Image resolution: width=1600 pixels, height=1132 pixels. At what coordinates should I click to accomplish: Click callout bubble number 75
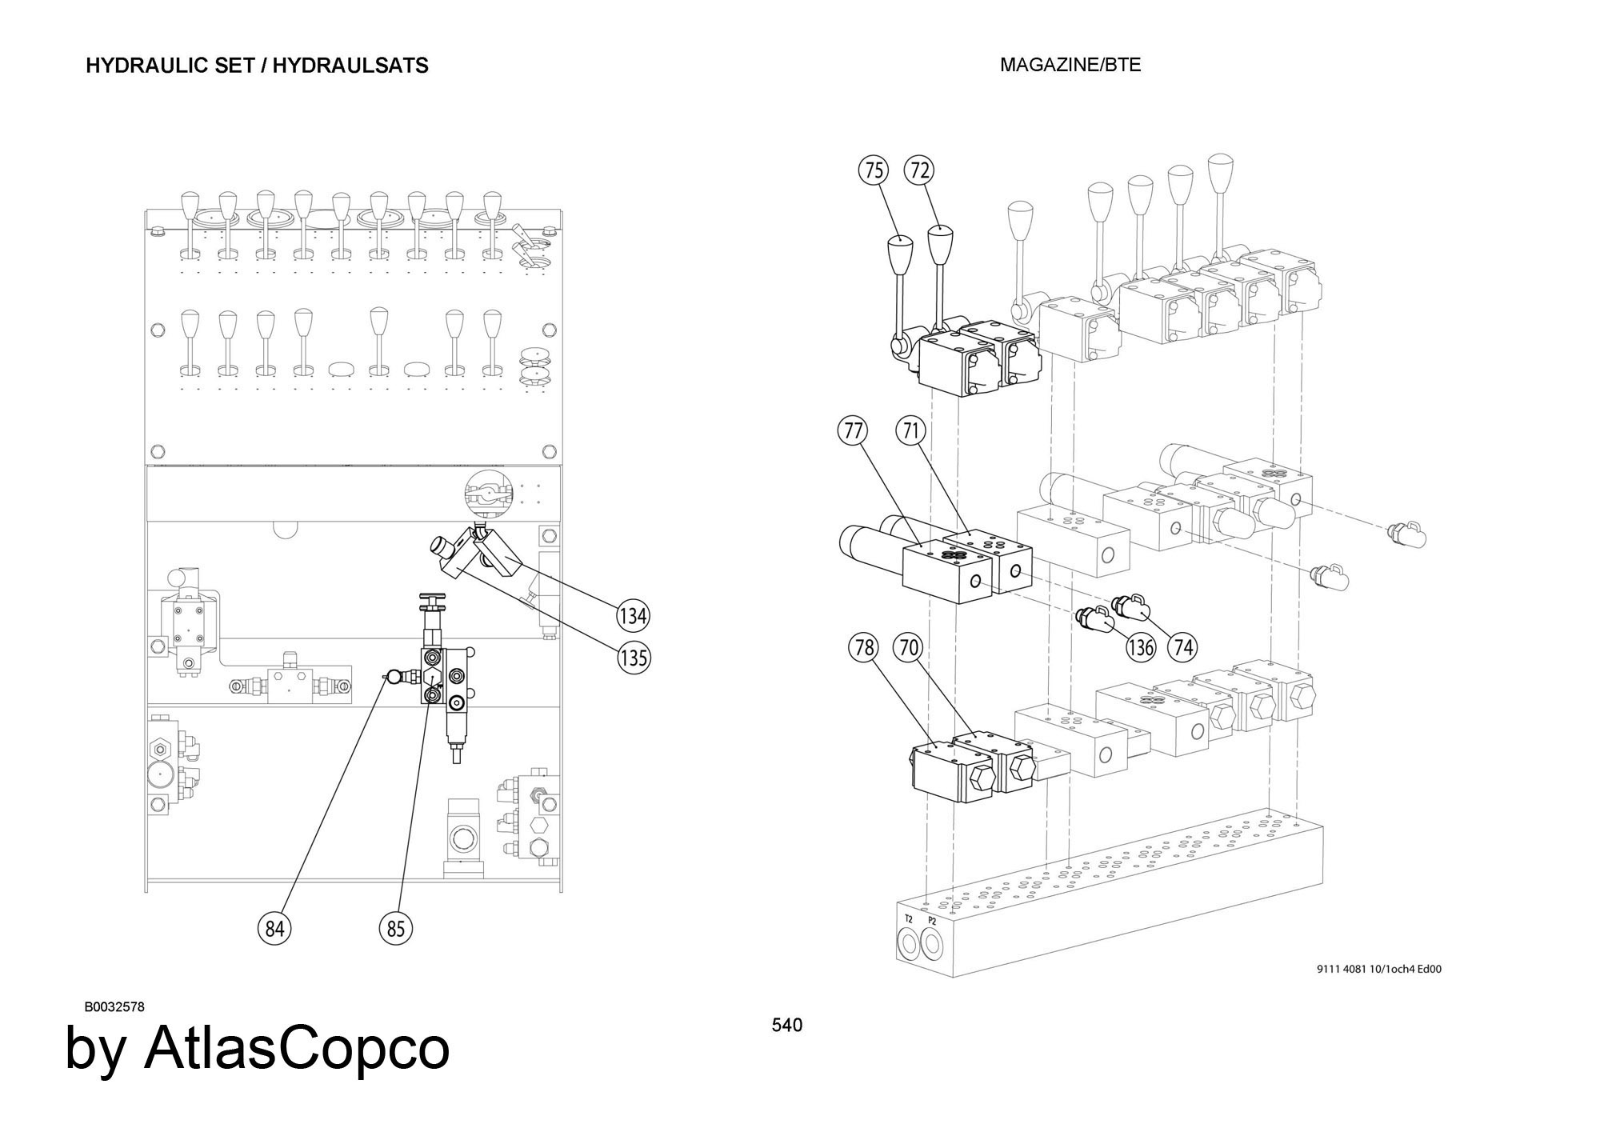(874, 170)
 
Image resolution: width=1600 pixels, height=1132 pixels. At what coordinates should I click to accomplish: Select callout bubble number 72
(920, 170)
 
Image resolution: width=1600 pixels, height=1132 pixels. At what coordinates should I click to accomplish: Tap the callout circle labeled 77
(854, 431)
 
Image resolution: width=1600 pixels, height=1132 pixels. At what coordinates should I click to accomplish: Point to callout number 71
(910, 431)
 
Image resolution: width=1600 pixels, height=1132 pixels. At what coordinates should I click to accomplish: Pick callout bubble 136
(1141, 646)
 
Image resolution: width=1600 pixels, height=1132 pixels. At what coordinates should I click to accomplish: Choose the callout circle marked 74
(1182, 646)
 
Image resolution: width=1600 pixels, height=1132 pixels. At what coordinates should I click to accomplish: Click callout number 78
(864, 647)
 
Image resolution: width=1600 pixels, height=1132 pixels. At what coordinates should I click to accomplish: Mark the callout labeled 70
(908, 647)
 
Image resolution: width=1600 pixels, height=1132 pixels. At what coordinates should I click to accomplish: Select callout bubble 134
(633, 616)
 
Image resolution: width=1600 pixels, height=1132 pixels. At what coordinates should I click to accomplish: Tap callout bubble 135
(634, 658)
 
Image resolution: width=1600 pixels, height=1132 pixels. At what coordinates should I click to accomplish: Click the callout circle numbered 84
(274, 929)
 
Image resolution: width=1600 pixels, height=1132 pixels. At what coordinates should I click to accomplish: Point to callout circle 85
(396, 929)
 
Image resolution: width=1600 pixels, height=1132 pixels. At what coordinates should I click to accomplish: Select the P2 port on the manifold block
(931, 946)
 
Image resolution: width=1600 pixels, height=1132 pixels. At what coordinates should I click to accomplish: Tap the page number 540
(787, 1025)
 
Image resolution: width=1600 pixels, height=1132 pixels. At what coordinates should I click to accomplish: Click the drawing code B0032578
(114, 1007)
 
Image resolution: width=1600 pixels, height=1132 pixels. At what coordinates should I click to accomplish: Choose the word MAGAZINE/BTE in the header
(1070, 66)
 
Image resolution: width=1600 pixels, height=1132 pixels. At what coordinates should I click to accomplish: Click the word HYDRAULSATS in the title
(350, 66)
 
